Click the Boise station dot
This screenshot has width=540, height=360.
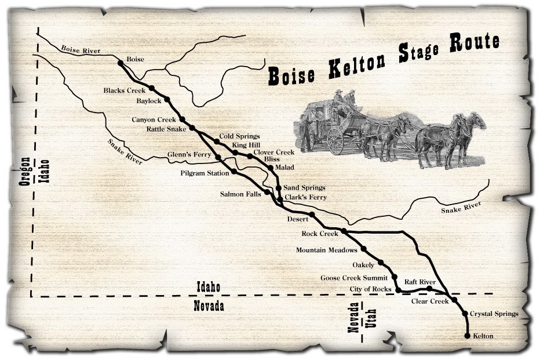[x=121, y=63]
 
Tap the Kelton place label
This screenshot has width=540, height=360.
[x=484, y=336]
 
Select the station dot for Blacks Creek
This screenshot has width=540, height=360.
[x=151, y=88]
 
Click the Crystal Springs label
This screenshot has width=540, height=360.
[x=494, y=314]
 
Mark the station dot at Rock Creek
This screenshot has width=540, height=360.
[x=344, y=231]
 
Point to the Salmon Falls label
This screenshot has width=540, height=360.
[x=240, y=194]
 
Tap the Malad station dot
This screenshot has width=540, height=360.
[x=270, y=167]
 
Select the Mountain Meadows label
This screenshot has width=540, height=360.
[x=326, y=250]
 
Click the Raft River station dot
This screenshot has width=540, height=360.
[x=429, y=289]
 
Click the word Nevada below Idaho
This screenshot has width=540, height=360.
[x=209, y=307]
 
